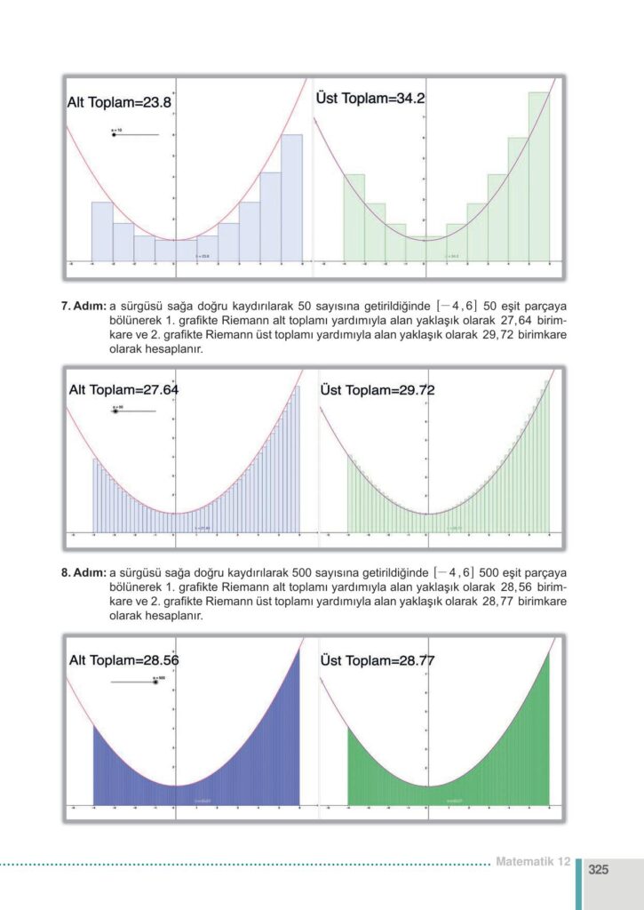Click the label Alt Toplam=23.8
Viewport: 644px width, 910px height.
tap(119, 103)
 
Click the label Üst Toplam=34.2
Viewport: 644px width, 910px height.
tap(370, 99)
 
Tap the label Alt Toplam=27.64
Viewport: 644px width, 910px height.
tap(124, 390)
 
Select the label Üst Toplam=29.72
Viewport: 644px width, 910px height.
tap(377, 390)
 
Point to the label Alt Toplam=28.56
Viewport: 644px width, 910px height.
tap(124, 660)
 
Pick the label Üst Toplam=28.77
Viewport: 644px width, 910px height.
tap(377, 660)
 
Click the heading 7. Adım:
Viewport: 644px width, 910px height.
tap(83, 307)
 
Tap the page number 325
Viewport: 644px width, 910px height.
tap(598, 869)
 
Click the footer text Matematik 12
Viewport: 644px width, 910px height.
tap(532, 861)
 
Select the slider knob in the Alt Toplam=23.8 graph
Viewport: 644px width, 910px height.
tap(115, 135)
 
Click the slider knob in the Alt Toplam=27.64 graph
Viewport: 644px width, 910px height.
tap(116, 411)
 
